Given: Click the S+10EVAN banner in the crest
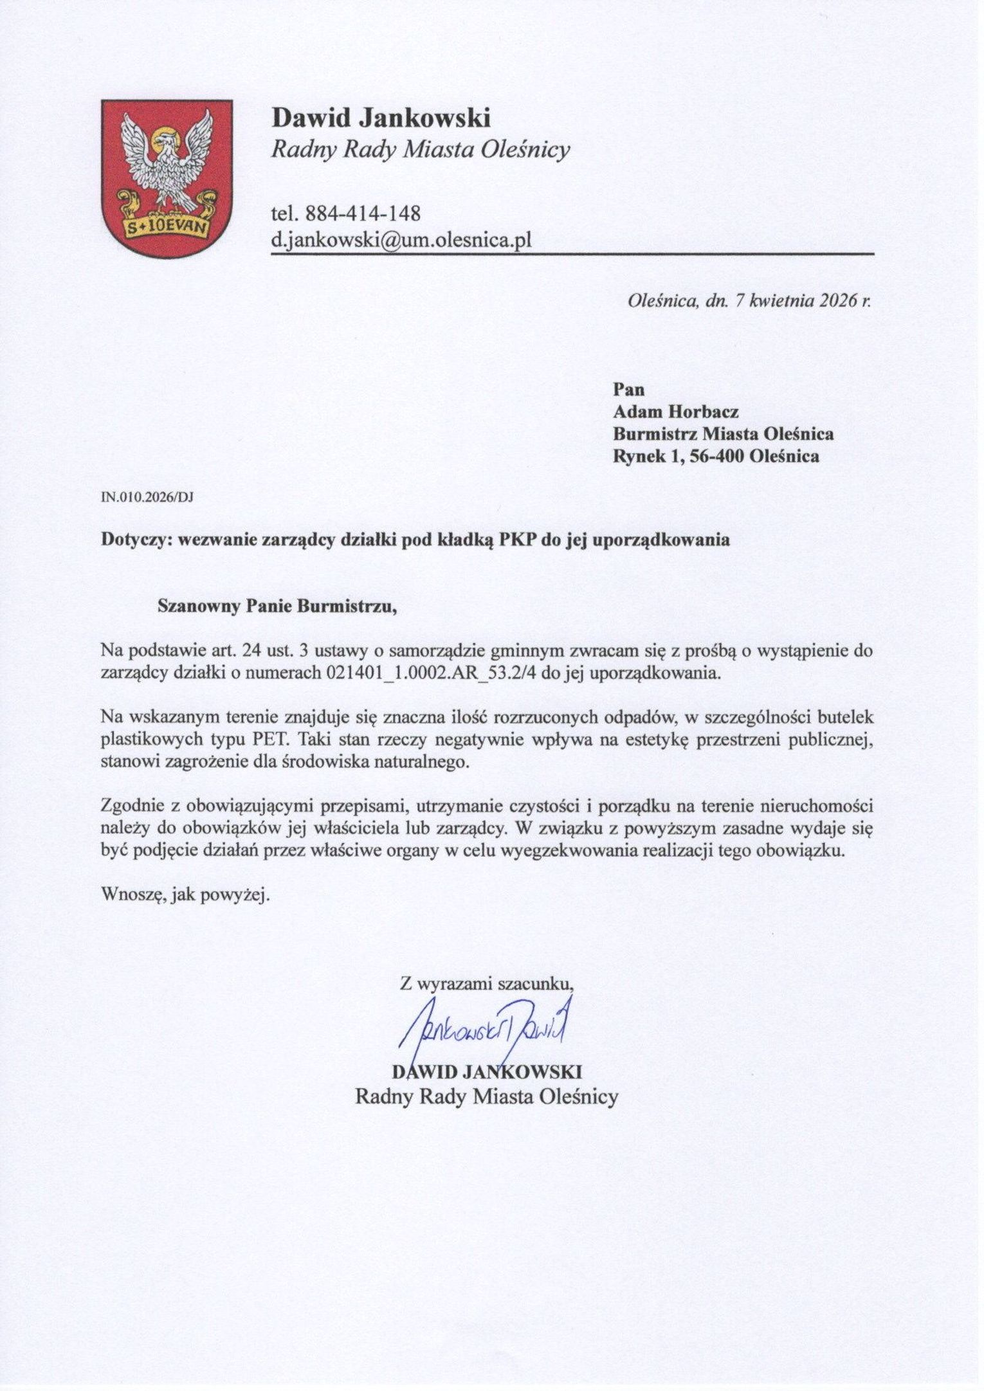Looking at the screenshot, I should pos(167,228).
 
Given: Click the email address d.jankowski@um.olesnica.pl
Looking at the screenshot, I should pos(401,240).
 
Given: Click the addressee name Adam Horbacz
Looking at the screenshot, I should pos(676,412).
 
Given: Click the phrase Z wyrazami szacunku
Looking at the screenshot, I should pos(487,983).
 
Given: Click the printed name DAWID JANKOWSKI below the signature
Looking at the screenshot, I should pos(487,1071).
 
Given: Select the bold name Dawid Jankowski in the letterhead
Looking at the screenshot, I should pos(381,118).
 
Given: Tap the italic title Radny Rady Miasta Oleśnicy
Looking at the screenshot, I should pos(421,150).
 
